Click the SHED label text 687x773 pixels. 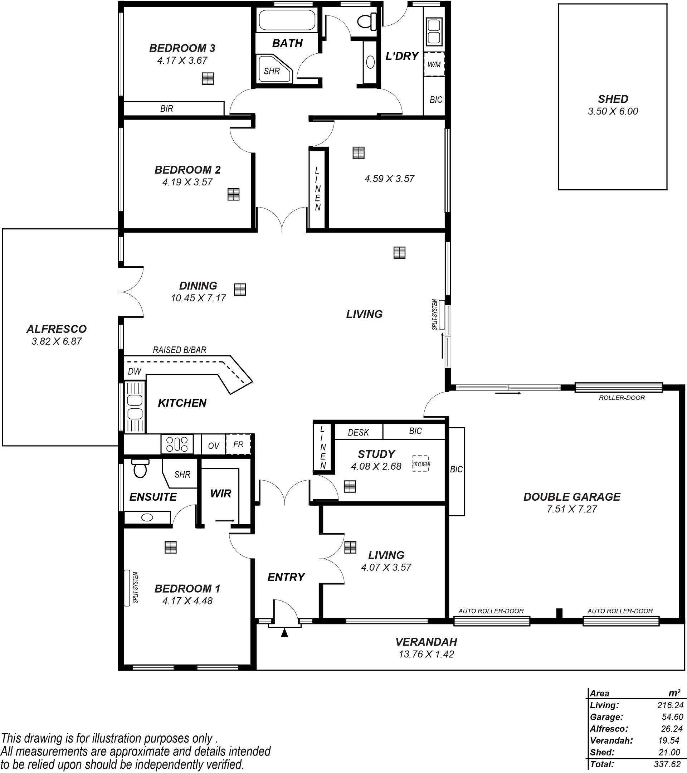click(613, 99)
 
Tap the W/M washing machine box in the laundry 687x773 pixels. click(434, 65)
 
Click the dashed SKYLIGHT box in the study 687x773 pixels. click(421, 463)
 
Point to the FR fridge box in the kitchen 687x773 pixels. click(238, 444)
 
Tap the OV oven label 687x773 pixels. click(214, 446)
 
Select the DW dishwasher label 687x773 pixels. click(134, 371)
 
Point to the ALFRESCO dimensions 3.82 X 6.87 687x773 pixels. click(57, 341)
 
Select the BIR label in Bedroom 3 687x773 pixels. click(166, 108)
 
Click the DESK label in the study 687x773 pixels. click(358, 432)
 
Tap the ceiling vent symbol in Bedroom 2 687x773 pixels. click(234, 194)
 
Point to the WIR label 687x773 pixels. click(221, 493)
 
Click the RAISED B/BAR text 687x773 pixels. click(180, 350)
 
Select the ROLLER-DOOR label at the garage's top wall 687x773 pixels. click(622, 398)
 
